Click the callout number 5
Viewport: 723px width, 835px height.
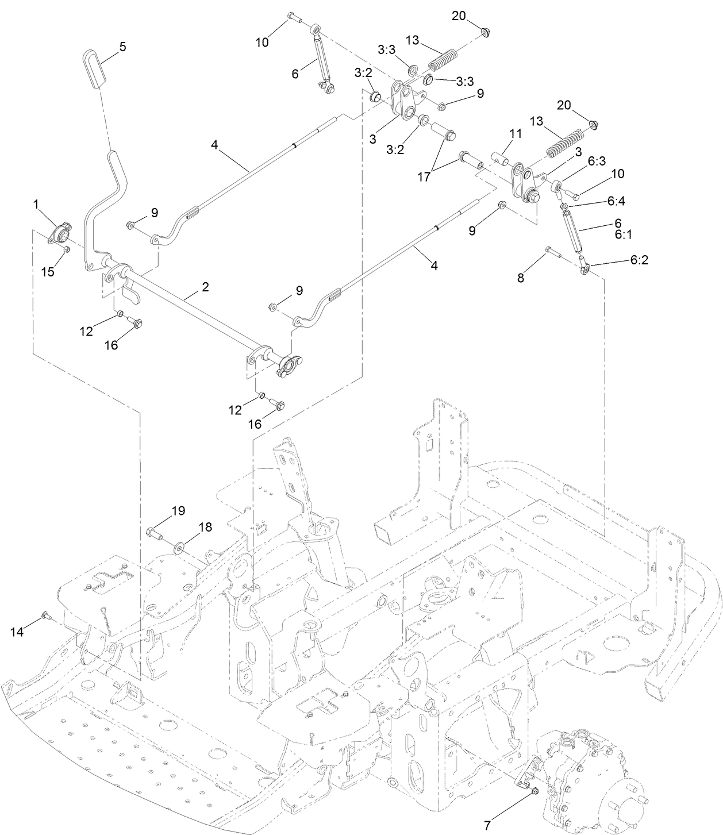click(122, 47)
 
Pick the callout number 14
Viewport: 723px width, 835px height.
click(17, 632)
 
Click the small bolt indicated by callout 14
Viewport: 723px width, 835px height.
click(45, 617)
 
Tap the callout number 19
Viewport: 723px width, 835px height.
click(178, 510)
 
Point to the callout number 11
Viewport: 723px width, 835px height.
click(515, 133)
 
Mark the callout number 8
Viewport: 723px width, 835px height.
click(521, 278)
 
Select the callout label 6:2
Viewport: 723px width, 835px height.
click(639, 260)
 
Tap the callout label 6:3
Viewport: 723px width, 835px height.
click(597, 161)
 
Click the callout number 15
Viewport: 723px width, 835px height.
click(48, 271)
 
